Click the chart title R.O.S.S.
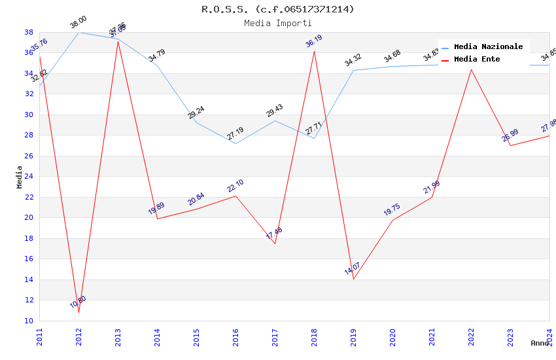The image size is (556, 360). [277, 9]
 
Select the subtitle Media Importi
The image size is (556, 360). [277, 23]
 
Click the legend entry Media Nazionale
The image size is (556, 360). [488, 46]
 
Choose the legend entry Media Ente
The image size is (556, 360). [477, 59]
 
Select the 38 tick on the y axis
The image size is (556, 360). [29, 32]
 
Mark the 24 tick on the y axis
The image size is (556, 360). [29, 176]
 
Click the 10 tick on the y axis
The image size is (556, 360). [29, 321]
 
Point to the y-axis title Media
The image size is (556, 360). [19, 177]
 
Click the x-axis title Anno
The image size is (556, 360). [540, 343]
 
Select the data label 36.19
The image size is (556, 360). [314, 42]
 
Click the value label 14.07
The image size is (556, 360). [353, 268]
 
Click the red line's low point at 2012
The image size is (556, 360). [78, 312]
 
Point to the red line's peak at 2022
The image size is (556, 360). [471, 70]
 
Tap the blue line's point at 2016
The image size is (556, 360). [235, 143]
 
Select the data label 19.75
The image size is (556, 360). [392, 209]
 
